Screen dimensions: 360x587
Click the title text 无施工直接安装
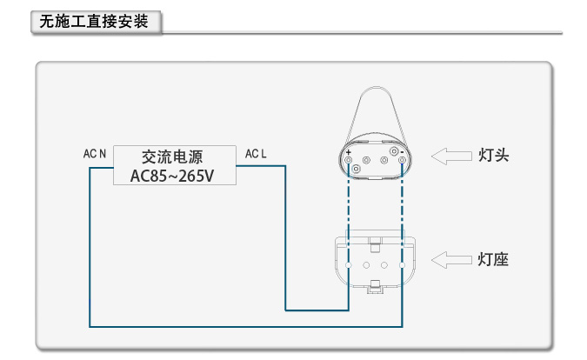96,22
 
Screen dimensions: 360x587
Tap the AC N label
95,154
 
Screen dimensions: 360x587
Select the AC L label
256,154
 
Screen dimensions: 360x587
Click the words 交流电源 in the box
172,157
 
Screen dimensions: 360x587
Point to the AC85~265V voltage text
172,176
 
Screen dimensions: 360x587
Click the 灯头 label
493,156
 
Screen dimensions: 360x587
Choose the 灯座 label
493,259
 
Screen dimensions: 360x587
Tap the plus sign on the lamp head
348,152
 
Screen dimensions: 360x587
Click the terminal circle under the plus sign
348,160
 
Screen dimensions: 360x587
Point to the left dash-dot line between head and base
348,209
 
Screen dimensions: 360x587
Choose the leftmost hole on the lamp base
348,263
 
